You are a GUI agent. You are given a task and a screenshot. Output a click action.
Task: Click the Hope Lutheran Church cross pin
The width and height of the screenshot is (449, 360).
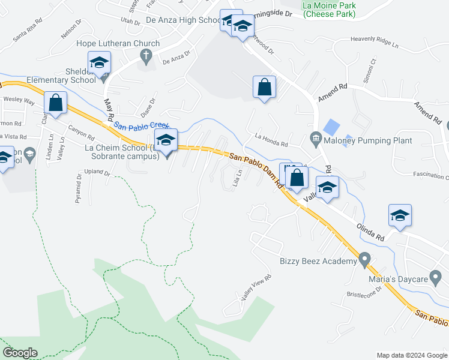145,56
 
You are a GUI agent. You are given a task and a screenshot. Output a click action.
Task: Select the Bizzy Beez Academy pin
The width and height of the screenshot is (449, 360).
364,260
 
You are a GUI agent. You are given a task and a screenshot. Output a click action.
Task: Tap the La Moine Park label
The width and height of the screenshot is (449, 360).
329,9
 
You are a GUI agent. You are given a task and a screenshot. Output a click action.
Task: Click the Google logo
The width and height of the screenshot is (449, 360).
20,352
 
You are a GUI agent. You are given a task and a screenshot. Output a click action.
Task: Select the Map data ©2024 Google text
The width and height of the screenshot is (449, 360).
411,355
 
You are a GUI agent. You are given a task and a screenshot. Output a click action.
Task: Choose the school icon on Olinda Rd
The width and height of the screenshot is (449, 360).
399,216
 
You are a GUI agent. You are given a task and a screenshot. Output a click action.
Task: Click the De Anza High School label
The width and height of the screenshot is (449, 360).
184,20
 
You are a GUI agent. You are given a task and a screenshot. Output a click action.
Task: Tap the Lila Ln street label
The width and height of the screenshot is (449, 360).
238,179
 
